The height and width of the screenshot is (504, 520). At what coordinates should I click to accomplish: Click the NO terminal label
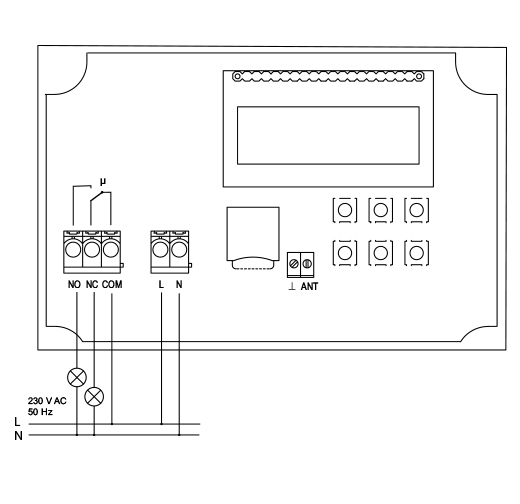[74, 285]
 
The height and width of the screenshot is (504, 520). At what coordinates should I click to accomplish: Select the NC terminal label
[92, 285]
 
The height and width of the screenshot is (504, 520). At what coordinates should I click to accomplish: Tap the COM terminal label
[112, 285]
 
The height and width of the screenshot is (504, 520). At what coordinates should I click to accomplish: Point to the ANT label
[309, 286]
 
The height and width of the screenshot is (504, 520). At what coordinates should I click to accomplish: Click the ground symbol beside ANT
[292, 286]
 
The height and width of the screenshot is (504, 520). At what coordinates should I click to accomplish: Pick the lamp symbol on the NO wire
[77, 378]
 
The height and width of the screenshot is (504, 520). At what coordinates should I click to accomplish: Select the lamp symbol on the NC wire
[94, 397]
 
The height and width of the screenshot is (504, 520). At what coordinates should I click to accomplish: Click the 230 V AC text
[47, 401]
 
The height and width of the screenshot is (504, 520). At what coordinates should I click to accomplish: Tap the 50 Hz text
[40, 412]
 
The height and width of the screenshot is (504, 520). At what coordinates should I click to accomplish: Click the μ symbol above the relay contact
[103, 182]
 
